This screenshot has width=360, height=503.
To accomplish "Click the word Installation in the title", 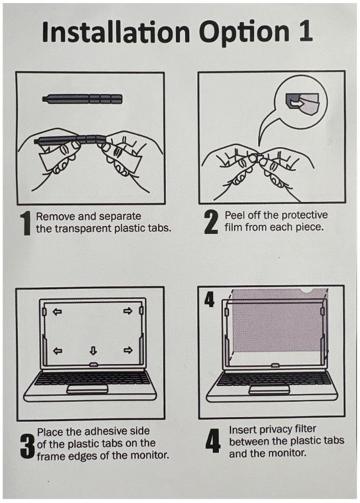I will (116, 33).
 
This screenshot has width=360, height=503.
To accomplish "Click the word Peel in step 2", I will (235, 215).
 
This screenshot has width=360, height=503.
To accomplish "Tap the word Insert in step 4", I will (242, 429).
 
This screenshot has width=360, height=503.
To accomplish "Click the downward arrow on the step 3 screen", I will (93, 351).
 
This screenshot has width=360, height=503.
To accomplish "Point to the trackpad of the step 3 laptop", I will (87, 390).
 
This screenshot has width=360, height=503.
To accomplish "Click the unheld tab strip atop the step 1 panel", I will (82, 98).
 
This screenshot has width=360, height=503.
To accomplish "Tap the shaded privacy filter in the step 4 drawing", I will (276, 327).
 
